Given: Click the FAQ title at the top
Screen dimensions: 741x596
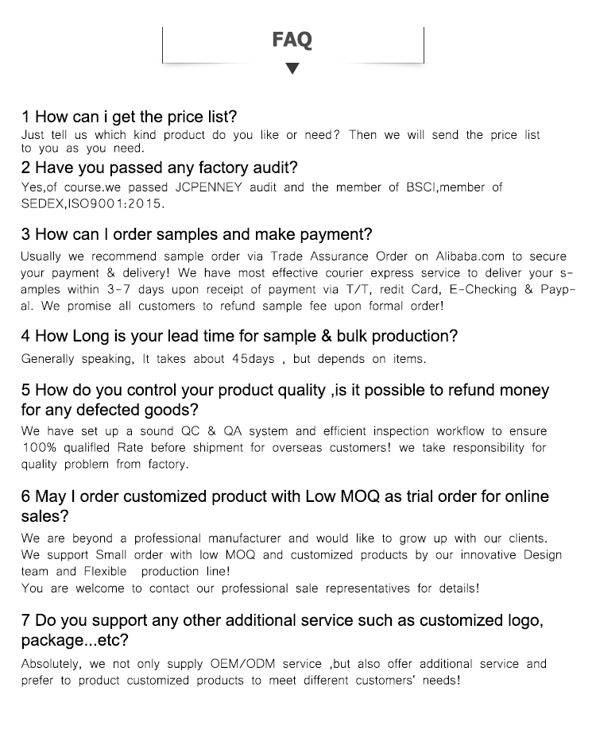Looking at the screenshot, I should tap(292, 40).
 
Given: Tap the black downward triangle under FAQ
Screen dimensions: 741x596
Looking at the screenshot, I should tap(292, 69).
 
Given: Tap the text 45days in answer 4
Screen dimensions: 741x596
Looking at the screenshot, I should tap(253, 359).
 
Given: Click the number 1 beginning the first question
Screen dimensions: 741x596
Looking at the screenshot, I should tap(25, 118).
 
